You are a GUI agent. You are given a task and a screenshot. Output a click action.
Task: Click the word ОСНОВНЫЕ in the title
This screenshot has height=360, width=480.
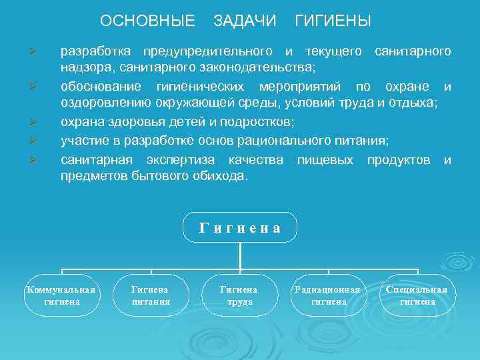147,21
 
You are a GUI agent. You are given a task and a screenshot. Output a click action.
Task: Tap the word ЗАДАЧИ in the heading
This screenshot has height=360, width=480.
245,21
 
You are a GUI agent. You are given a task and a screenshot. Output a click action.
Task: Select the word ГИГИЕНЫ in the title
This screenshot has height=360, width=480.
333,21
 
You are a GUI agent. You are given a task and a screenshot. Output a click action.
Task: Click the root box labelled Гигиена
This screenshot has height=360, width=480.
240,228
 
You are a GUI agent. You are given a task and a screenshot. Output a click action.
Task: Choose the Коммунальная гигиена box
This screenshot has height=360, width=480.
61,295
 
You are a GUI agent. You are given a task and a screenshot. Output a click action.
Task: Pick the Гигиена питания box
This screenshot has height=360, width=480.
151,295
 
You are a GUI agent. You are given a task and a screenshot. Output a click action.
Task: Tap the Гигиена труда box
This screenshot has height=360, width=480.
239,295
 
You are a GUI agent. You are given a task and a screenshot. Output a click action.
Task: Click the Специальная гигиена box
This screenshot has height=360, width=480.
417,295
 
